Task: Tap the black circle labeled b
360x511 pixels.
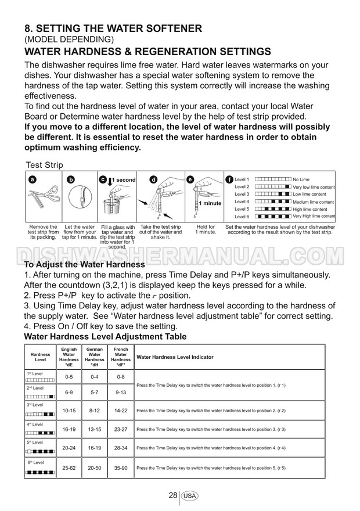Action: click(71, 180)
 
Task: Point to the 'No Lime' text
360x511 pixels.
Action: click(301, 179)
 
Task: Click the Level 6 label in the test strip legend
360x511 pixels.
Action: click(242, 216)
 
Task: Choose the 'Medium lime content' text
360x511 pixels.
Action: click(314, 201)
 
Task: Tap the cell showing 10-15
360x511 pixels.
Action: click(69, 411)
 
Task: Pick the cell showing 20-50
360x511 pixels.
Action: click(95, 467)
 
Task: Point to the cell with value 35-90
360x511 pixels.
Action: click(121, 467)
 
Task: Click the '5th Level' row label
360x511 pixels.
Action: click(35, 442)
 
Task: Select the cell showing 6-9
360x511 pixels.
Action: click(69, 392)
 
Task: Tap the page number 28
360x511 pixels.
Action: click(172, 495)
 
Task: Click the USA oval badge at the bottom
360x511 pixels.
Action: click(190, 496)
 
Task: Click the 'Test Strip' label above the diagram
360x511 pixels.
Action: click(44, 164)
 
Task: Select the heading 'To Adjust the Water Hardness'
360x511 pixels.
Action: click(84, 265)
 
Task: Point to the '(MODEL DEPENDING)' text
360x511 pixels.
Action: click(70, 39)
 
